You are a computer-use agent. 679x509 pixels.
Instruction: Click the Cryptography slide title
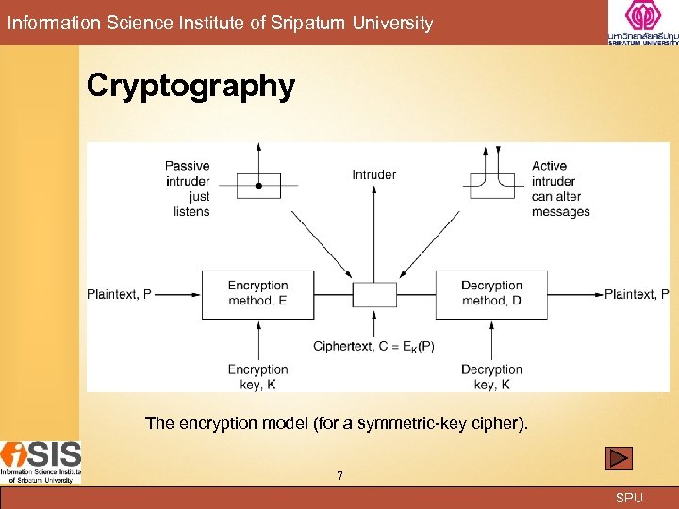[190, 86]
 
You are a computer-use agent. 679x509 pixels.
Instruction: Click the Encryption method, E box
[257, 293]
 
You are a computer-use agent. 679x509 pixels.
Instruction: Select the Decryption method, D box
[491, 293]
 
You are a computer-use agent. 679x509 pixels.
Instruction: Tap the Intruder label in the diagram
[374, 174]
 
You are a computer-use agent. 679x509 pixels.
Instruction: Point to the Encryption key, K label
[257, 377]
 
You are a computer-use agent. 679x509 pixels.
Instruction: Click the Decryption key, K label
[491, 377]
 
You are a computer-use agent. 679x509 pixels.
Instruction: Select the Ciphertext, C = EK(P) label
[374, 346]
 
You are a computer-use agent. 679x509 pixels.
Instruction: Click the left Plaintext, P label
[119, 294]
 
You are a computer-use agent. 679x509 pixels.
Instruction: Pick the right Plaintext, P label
[637, 294]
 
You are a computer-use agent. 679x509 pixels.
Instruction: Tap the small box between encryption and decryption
[374, 294]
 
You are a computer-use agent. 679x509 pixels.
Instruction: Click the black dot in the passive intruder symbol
[258, 186]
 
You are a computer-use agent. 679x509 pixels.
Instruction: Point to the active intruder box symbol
[492, 186]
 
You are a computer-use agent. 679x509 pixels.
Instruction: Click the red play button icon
[619, 458]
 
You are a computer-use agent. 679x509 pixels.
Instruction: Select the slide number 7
[339, 475]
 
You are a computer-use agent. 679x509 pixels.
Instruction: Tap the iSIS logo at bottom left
[41, 462]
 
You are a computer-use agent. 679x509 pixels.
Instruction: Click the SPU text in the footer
[629, 498]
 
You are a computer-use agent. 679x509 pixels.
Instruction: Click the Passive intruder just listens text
[188, 189]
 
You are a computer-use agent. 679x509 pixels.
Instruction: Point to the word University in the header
[393, 23]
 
